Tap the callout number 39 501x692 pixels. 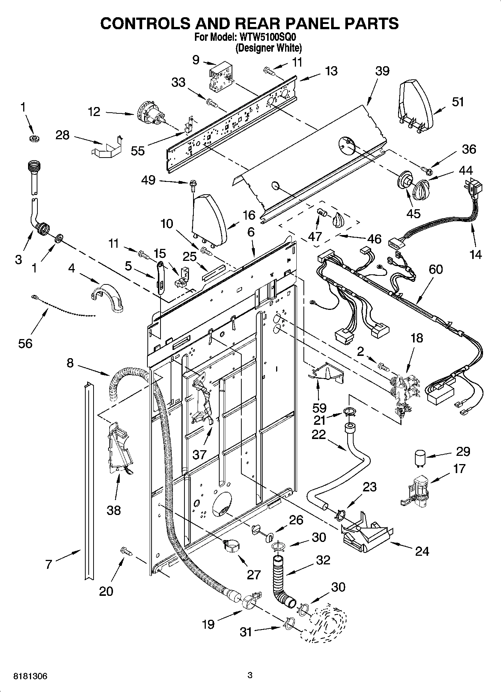pyautogui.click(x=382, y=71)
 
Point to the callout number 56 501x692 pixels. pyautogui.click(x=25, y=343)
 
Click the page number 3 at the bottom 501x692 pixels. pyautogui.click(x=250, y=675)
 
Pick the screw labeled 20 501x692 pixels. pyautogui.click(x=125, y=551)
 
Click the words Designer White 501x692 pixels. pyautogui.click(x=268, y=48)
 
